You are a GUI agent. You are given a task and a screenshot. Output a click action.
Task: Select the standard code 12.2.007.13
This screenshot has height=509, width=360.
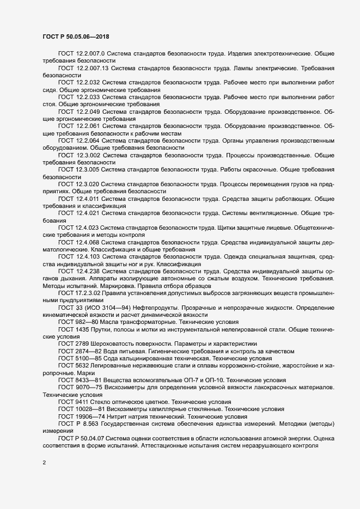coord(93,69)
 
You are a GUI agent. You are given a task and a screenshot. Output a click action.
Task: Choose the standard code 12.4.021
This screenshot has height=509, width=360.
coord(88,212)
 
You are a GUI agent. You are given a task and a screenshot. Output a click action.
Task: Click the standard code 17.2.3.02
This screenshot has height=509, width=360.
coord(86,292)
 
